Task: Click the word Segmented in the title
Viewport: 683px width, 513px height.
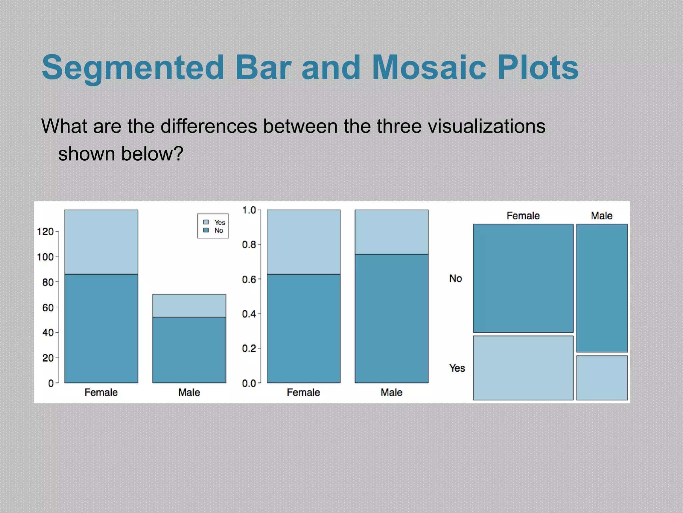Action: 133,68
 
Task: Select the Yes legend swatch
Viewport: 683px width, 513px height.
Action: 206,222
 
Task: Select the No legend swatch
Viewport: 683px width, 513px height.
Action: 206,230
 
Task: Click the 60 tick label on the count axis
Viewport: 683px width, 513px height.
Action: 48,307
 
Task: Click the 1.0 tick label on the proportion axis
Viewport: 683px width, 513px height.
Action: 249,210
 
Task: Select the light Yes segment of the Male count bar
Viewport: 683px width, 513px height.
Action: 189,306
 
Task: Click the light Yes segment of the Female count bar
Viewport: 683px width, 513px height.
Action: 101,242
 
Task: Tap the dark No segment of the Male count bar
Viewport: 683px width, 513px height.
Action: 189,350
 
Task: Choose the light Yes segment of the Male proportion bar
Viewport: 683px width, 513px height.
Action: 391,232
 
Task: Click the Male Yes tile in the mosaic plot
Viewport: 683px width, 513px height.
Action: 602,378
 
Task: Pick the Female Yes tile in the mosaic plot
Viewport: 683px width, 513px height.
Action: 523,368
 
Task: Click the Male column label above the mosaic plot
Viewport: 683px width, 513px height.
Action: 602,216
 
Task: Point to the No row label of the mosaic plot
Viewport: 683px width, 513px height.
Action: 456,278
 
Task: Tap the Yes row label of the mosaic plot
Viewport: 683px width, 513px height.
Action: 457,368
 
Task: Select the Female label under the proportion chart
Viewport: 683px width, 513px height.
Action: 303,392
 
